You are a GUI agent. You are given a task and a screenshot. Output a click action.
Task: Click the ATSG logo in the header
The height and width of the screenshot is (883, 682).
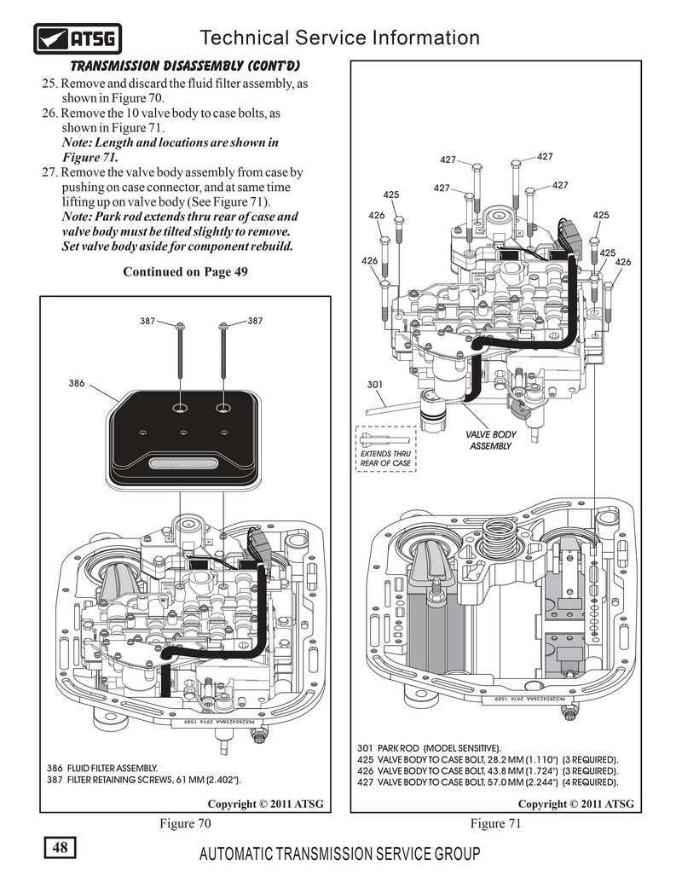coord(78,38)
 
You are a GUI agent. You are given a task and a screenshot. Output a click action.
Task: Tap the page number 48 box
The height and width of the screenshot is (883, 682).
coord(60,847)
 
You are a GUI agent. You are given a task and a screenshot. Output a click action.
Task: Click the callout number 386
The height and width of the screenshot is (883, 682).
coord(77,384)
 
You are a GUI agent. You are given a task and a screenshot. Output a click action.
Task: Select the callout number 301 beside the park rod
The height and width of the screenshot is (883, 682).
coord(375,385)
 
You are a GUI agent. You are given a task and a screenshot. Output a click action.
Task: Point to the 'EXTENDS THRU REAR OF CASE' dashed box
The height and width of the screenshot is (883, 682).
coord(386,449)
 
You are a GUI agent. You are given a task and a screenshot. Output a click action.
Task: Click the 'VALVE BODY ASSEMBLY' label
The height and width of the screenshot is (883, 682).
coord(491,440)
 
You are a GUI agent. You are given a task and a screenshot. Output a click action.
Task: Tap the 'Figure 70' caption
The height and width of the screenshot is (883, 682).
coord(185,823)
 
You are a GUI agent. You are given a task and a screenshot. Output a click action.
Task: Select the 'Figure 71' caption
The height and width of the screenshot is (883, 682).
coord(496,823)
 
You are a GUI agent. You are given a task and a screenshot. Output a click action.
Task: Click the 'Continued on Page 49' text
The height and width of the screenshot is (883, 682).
coord(185,272)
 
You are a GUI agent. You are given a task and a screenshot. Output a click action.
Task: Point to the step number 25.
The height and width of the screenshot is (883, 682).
coord(49,84)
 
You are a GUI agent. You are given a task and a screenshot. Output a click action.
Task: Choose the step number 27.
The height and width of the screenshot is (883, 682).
coord(49,172)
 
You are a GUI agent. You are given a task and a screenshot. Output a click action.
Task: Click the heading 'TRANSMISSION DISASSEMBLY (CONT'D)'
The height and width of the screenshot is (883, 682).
coord(185,67)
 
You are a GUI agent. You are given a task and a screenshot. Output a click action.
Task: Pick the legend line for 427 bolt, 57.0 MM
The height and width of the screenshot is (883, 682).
coord(488,782)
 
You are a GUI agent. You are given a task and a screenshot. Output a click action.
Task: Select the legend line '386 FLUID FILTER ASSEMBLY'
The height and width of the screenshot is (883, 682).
coord(102,768)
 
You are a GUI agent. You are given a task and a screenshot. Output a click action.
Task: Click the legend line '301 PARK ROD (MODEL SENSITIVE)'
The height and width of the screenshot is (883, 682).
coord(430,748)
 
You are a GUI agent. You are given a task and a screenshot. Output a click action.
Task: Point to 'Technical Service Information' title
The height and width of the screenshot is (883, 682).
coord(340,38)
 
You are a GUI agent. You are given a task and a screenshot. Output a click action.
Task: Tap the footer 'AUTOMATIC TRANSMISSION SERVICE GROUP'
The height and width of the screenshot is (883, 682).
coord(340,854)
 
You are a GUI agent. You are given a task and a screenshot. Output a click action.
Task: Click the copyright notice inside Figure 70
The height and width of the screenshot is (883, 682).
coord(266,804)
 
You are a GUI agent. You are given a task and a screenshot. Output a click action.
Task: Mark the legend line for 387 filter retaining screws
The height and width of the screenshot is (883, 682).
coord(144,780)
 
